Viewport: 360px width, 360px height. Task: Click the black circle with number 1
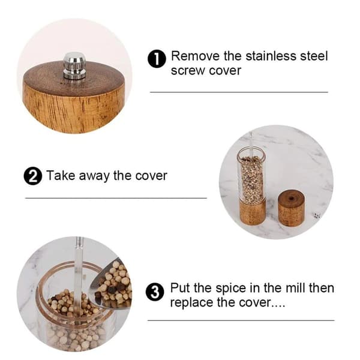click(157, 59)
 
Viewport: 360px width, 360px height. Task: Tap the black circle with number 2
click(33, 176)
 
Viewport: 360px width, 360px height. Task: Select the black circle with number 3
click(155, 292)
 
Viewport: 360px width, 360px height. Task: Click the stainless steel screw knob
click(74, 65)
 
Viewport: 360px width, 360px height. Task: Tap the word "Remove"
click(195, 56)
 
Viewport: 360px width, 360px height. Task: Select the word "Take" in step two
click(61, 176)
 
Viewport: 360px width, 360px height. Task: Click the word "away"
click(94, 176)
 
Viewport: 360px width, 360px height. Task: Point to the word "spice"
click(230, 289)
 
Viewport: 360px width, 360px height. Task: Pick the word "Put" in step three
click(180, 288)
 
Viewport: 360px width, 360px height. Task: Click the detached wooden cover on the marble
click(292, 208)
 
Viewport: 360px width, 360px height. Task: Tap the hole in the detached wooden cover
click(291, 198)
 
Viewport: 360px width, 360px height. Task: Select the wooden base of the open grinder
click(253, 212)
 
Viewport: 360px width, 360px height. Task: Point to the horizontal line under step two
click(116, 198)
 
